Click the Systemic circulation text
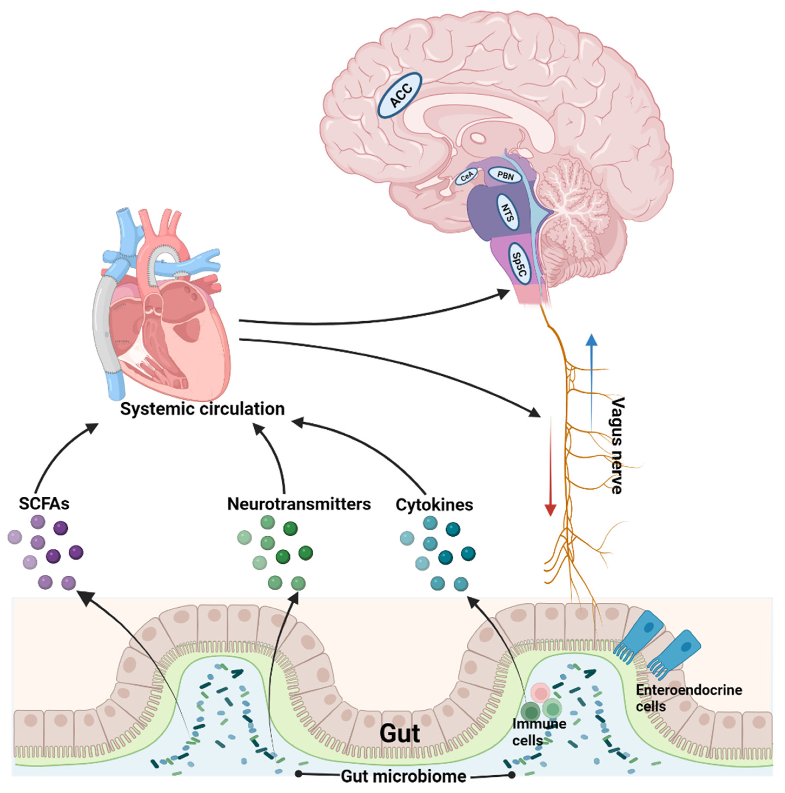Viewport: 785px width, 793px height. tap(202, 409)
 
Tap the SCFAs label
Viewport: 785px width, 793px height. tap(44, 504)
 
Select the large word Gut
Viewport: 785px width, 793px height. tap(400, 734)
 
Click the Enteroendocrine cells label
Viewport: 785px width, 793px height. tap(688, 698)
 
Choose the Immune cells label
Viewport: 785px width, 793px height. tap(539, 732)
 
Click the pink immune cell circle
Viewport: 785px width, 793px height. tap(540, 693)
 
